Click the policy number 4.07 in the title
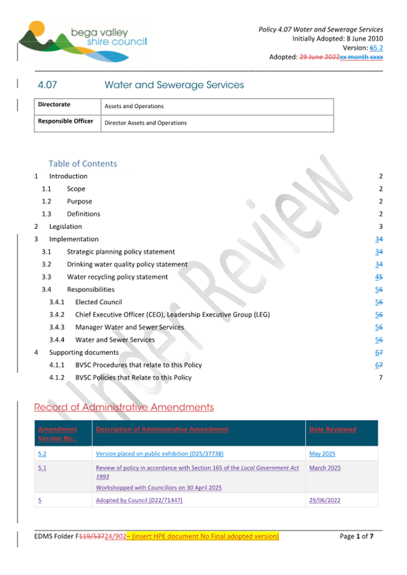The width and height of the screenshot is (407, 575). point(47,85)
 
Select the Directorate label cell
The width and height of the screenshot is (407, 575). point(54,105)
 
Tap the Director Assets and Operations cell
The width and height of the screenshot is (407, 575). point(145,123)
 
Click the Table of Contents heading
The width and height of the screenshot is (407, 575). point(83,163)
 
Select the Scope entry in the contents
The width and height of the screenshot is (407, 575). point(76,189)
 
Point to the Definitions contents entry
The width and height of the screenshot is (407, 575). point(83,214)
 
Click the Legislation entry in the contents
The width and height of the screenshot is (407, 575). point(65,227)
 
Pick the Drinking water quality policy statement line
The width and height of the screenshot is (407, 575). point(127,265)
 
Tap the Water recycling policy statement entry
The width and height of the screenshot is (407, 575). point(117,277)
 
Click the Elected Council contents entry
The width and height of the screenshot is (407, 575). point(98,302)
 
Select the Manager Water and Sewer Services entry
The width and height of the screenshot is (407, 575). point(129,327)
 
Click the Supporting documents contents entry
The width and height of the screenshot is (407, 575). point(84,353)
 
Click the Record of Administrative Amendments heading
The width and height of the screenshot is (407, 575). point(124,407)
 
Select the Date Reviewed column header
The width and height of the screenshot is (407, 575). point(332,429)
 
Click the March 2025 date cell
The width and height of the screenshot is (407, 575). point(324,468)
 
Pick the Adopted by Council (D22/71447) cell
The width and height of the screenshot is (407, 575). point(139,500)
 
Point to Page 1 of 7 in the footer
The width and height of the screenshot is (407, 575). point(361,536)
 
